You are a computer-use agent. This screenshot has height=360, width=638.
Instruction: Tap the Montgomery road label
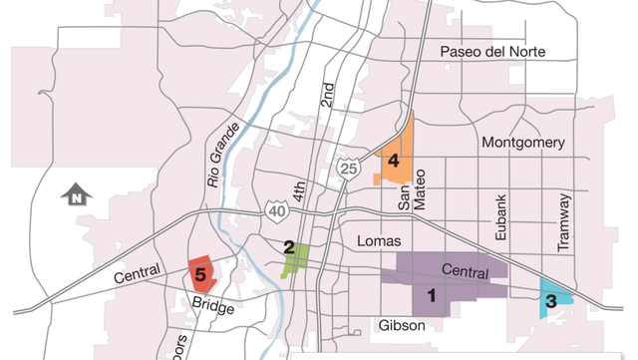(x=523, y=143)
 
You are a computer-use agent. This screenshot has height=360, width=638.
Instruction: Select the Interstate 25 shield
(x=347, y=169)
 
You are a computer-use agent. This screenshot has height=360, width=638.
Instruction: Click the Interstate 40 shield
(x=276, y=209)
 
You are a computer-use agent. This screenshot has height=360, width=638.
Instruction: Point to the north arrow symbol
(x=76, y=195)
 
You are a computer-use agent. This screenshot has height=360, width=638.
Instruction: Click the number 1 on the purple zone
(x=432, y=295)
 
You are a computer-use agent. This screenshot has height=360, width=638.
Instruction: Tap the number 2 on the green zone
(x=289, y=247)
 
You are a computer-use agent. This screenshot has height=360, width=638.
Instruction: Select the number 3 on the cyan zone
(x=550, y=299)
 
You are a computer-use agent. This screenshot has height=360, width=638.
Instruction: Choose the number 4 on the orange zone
(x=394, y=160)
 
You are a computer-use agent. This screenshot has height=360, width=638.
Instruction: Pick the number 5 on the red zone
(x=200, y=273)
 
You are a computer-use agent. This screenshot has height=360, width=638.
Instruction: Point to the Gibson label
(x=403, y=325)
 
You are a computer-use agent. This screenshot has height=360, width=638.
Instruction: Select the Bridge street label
(x=213, y=308)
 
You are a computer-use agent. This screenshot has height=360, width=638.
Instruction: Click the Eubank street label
(x=501, y=218)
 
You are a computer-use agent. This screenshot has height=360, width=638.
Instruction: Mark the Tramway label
(x=565, y=221)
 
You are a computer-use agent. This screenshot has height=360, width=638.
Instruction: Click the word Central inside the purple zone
(x=464, y=270)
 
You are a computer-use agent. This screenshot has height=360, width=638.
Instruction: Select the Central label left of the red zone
(x=138, y=275)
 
